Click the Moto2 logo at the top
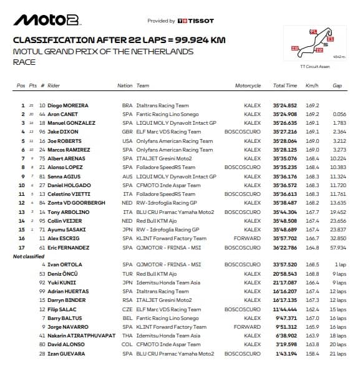[47, 20]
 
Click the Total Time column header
[285, 85]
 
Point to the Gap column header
[338, 85]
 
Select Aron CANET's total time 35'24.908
[285, 115]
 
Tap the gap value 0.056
[339, 115]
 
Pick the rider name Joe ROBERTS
[67, 141]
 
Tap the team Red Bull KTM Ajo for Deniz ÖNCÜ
[157, 274]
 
